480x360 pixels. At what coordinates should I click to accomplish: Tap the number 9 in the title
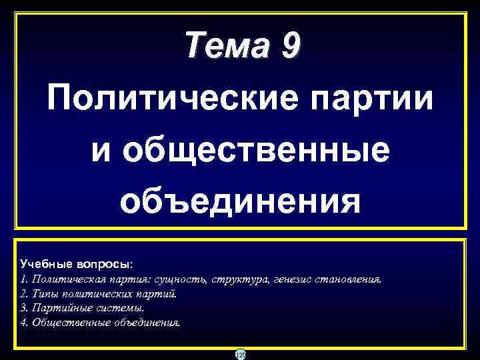[291, 46]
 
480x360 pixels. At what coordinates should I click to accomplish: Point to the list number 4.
[24, 322]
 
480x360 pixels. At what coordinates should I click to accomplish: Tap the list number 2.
[24, 294]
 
